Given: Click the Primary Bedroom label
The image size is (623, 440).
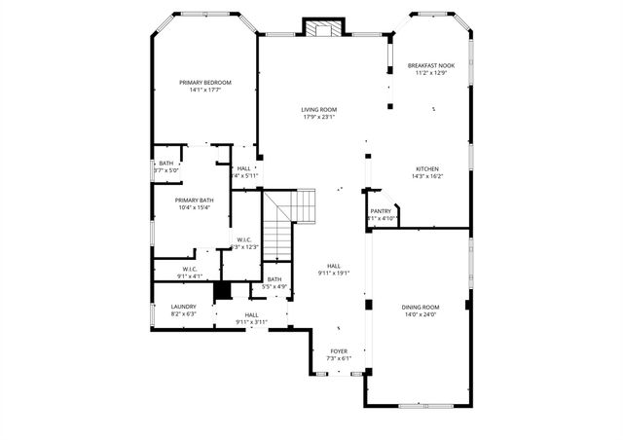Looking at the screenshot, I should [x=205, y=83].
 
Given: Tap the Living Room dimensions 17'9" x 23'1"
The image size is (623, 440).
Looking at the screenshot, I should [x=318, y=118].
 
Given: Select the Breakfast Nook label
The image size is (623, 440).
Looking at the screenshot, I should [x=430, y=65].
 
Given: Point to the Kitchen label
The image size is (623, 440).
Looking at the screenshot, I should [x=427, y=168].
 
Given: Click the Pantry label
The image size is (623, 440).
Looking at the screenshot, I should [x=381, y=210].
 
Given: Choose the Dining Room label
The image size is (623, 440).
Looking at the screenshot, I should [x=421, y=307].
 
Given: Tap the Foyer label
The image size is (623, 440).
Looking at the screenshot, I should [x=338, y=351].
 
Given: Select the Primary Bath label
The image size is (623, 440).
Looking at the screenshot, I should [x=195, y=200].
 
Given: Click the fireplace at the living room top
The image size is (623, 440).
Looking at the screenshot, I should [x=323, y=28].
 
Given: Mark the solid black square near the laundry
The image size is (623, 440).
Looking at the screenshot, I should [x=221, y=290].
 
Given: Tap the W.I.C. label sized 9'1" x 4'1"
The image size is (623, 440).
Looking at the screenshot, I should [x=189, y=269].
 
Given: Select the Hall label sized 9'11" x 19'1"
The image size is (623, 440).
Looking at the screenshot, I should [x=334, y=266].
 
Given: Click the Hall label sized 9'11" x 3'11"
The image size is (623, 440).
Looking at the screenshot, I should [x=251, y=314].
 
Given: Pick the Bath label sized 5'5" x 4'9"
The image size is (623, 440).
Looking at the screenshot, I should [x=275, y=279].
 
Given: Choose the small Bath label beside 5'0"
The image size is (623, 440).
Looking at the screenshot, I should [x=166, y=163].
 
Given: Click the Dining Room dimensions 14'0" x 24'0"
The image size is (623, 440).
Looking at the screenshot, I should [x=421, y=314].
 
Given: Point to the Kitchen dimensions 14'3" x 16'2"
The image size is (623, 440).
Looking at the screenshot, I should [x=427, y=176].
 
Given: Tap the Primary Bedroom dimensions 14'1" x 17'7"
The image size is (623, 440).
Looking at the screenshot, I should [x=205, y=91].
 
